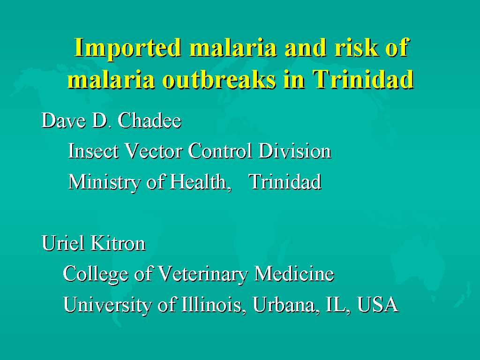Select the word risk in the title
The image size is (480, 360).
tap(356, 47)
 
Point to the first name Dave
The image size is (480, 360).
tap(63, 120)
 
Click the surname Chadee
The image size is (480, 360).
tap(150, 120)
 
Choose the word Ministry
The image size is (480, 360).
tap(104, 182)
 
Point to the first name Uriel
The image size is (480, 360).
tap(63, 243)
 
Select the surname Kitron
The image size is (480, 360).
tap(118, 243)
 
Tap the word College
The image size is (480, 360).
tap(95, 274)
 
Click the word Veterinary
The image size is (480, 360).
tap(202, 274)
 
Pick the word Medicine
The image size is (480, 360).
tap(294, 273)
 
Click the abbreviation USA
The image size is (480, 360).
tap(378, 305)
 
